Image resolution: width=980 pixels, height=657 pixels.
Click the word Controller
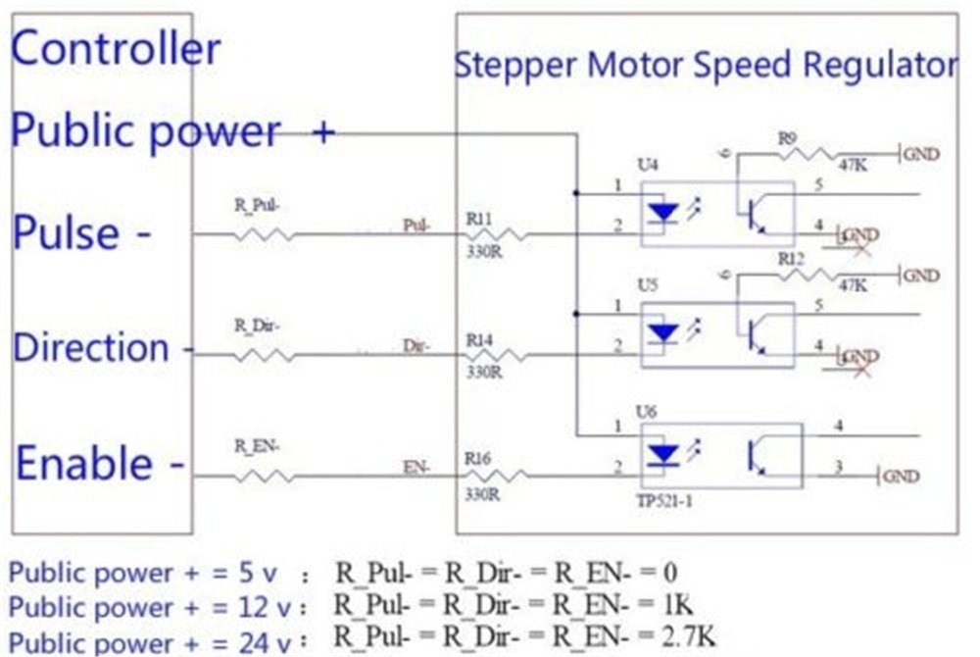[x=116, y=48]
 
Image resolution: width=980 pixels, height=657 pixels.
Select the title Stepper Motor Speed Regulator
[x=705, y=66]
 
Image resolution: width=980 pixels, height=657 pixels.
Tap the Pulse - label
[x=82, y=233]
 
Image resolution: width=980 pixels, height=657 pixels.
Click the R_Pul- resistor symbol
[x=262, y=234]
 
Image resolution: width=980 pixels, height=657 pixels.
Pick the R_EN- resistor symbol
[x=262, y=477]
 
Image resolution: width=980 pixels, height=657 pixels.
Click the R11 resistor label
[x=479, y=220]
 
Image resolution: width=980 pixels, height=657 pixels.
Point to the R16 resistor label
[x=479, y=458]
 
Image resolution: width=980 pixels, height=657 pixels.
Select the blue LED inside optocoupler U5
[x=664, y=333]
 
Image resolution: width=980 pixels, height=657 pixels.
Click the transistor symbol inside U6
[x=756, y=455]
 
